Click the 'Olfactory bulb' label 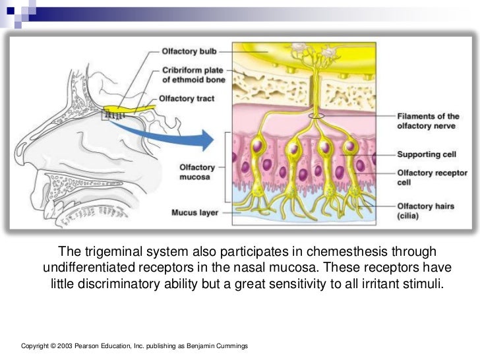pyautogui.click(x=189, y=51)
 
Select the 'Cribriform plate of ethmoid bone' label pyautogui.click(x=193, y=75)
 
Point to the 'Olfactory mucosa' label pyautogui.click(x=196, y=172)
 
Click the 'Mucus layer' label pyautogui.click(x=191, y=213)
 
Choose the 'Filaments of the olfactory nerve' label pyautogui.click(x=428, y=121)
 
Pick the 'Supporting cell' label pyautogui.click(x=427, y=154)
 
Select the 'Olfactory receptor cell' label pyautogui.click(x=432, y=177)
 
